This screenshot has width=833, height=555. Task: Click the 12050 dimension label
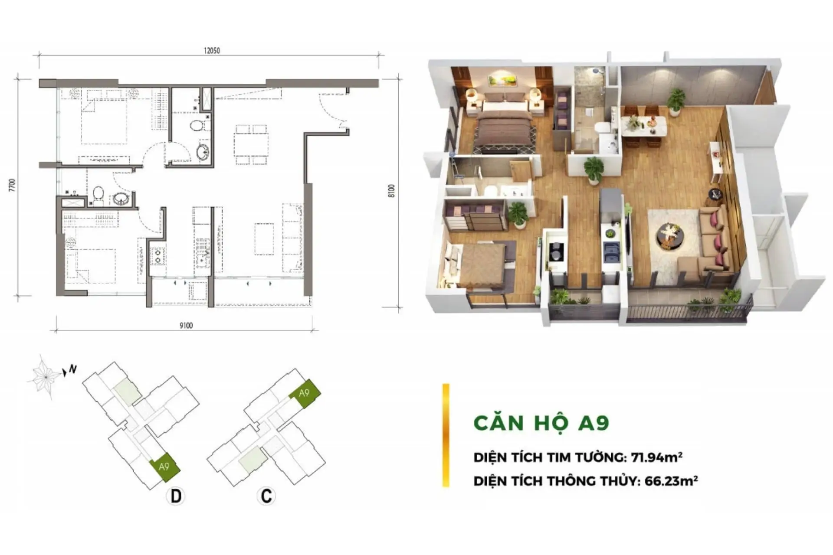coord(212,50)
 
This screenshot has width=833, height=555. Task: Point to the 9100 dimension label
coord(186,326)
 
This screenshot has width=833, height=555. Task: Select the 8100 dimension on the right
coord(392,191)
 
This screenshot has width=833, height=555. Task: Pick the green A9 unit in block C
coord(305,393)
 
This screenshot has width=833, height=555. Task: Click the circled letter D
coord(176,496)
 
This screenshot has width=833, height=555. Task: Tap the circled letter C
coord(266,496)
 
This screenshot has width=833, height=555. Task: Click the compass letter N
coord(73,369)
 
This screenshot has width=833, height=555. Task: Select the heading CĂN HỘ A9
coord(541,423)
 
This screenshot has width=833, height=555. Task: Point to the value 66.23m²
coord(671,481)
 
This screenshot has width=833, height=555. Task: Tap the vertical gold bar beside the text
coord(446,435)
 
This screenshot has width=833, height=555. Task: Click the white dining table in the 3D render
coord(644,127)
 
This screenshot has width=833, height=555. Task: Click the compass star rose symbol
coord(44,376)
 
